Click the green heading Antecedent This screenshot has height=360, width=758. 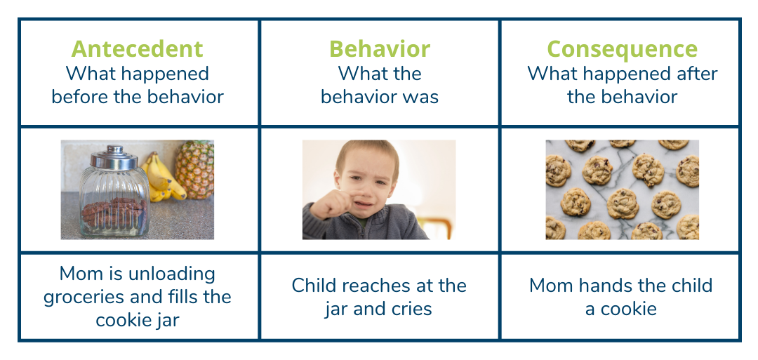(x=137, y=49)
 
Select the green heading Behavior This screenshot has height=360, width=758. (x=379, y=49)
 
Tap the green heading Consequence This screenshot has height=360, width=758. (x=622, y=49)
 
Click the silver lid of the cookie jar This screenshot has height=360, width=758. (x=114, y=158)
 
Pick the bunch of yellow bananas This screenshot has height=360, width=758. (x=160, y=179)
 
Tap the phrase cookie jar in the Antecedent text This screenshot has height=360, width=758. (x=137, y=320)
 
